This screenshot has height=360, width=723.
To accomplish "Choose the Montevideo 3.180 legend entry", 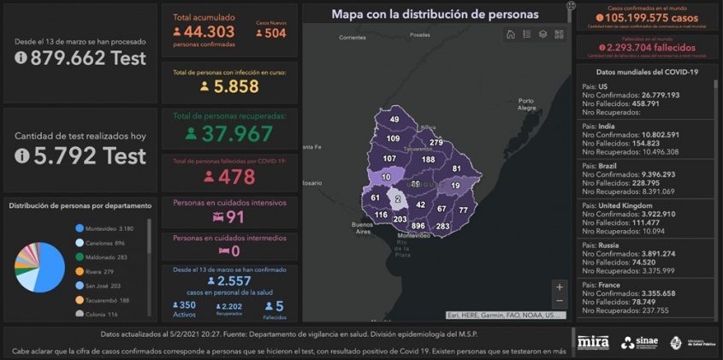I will coord(109,228).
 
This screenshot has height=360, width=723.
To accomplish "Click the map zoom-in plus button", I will coord(560,287).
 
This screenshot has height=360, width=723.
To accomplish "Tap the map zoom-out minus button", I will coord(560,301).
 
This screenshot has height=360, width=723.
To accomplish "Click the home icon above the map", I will coord(511,35).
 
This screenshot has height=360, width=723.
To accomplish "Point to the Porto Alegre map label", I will coord(526,104).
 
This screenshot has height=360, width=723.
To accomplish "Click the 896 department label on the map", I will coord(418,227).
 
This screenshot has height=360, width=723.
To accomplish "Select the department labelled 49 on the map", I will coord(394,120).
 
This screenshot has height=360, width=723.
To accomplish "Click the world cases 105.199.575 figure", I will coord(647,18).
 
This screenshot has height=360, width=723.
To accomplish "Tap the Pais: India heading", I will coord(598,126).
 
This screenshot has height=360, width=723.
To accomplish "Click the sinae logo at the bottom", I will coord(639,343).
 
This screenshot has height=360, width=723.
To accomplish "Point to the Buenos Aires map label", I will coord(363,227).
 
